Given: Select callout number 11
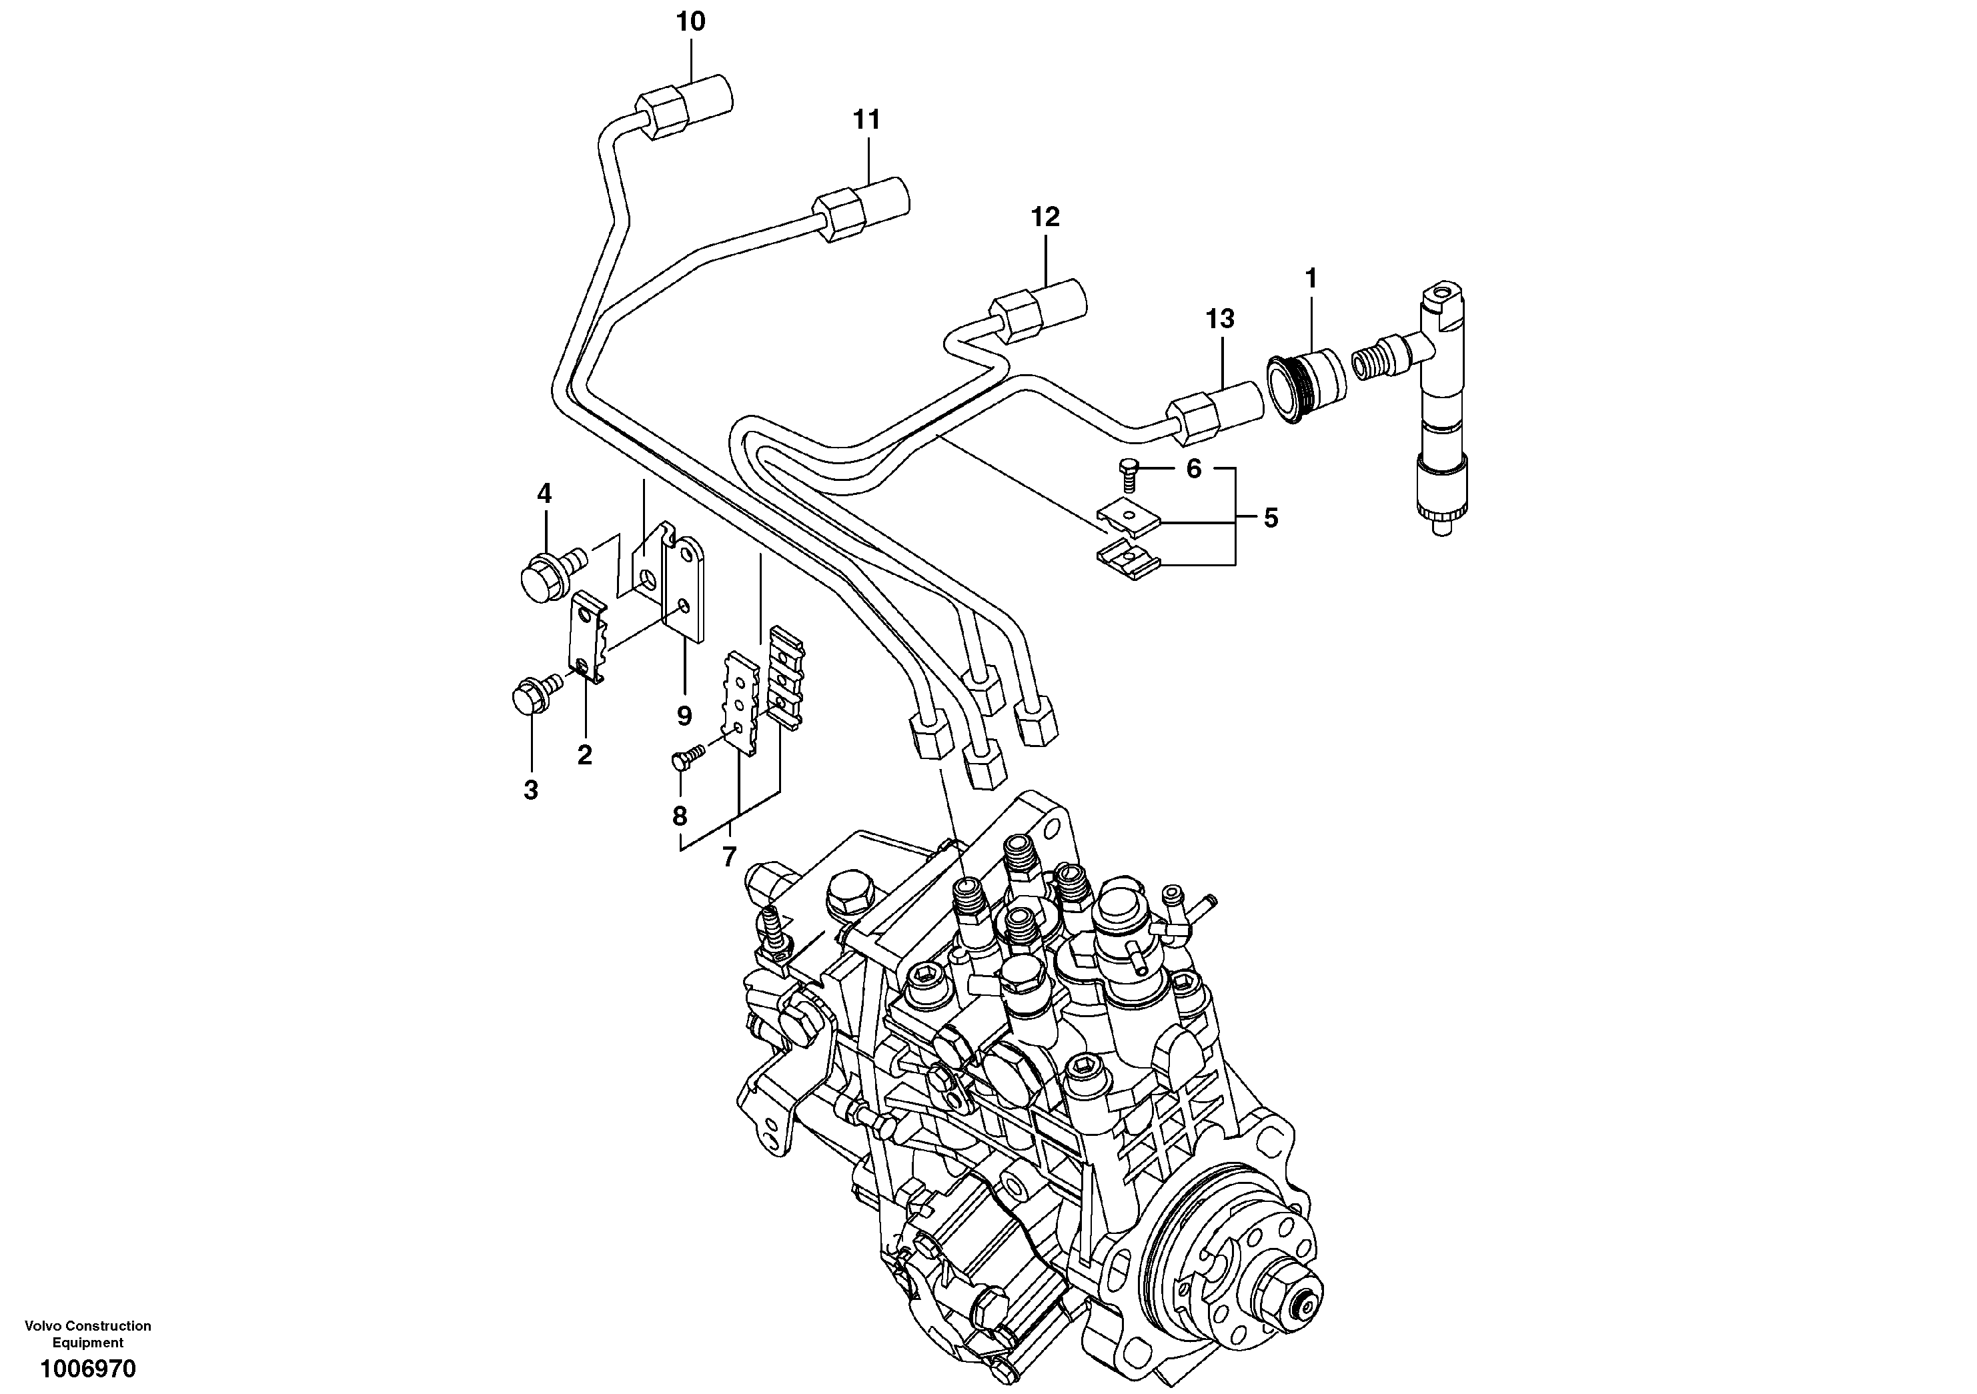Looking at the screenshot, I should click(x=867, y=119).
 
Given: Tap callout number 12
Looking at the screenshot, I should click(x=1045, y=217).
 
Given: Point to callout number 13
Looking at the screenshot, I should click(x=1219, y=319).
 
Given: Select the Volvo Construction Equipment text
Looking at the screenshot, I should click(x=88, y=1334).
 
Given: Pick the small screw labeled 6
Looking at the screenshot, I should click(x=1128, y=470).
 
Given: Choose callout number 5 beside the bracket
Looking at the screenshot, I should click(x=1271, y=518).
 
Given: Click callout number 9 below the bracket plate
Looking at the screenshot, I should click(x=684, y=716).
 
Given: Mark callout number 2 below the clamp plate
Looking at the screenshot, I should click(x=585, y=755).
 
